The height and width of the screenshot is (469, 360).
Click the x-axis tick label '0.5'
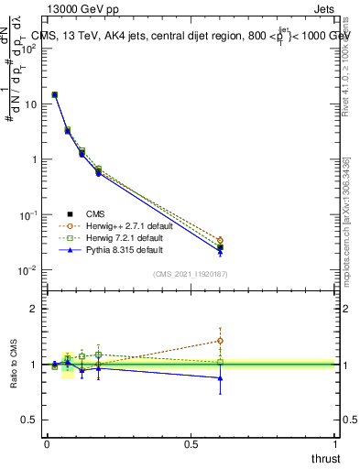pos(191,443)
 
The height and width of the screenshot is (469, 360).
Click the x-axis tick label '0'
pos(47,443)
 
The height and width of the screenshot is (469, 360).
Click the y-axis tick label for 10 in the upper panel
pos(28,104)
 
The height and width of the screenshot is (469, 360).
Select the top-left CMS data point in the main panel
pos(55,94)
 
